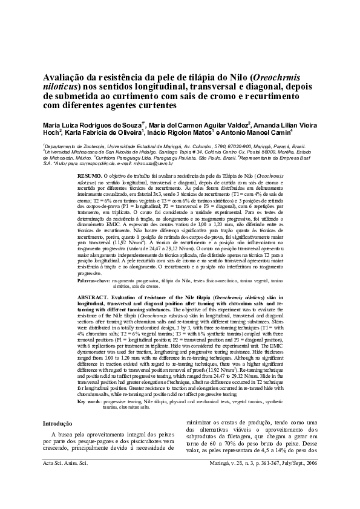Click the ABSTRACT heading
click(x=93, y=298)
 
